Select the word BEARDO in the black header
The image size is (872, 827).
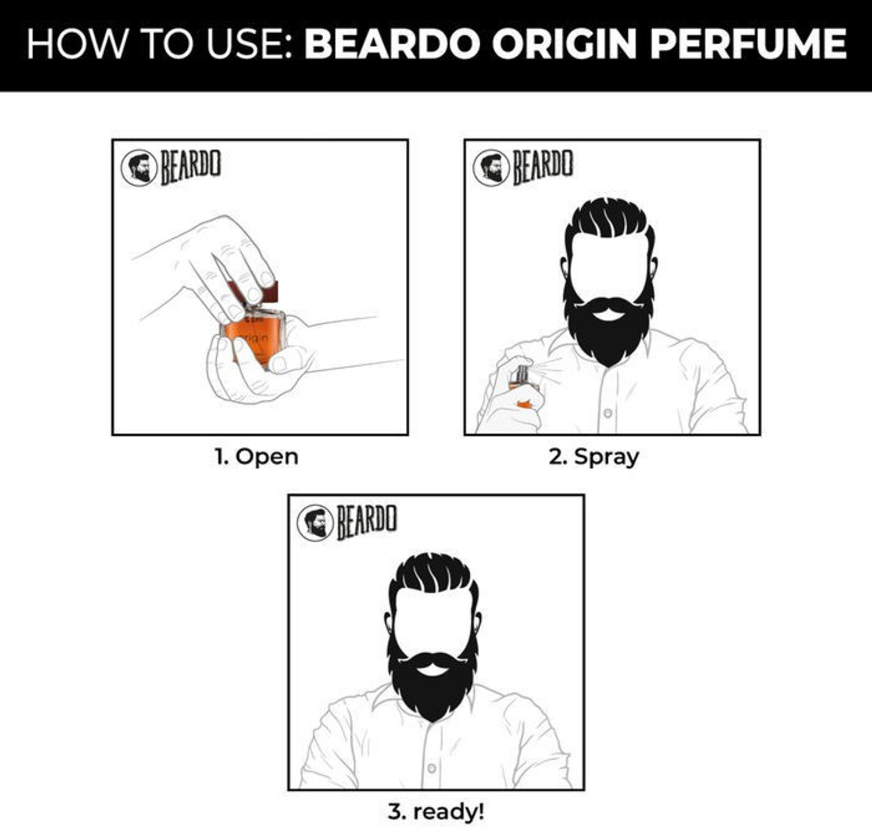(392, 44)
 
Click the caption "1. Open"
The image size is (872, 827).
(256, 457)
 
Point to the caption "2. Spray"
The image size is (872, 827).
(594, 457)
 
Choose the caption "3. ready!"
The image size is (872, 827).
(435, 811)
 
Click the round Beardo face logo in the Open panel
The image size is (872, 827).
(139, 168)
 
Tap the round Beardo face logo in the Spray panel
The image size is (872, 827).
(491, 168)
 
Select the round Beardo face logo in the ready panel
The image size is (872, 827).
(315, 522)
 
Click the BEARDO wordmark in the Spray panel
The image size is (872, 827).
(543, 166)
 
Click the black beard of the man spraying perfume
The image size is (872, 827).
(608, 334)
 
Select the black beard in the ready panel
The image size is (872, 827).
(433, 689)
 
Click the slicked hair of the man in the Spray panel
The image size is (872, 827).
(608, 218)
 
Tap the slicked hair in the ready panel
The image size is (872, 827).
(433, 572)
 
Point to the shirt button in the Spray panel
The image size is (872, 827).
(607, 413)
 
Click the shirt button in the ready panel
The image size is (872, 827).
(431, 768)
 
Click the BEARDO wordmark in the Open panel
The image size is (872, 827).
(191, 166)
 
